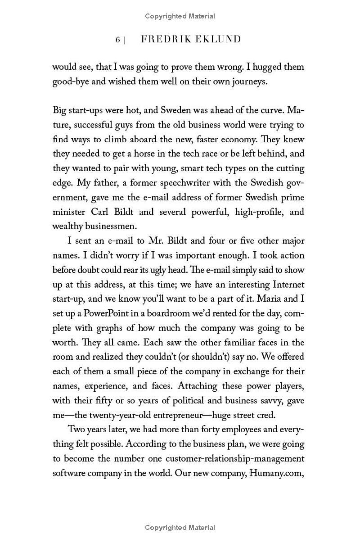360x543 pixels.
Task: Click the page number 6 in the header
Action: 118,40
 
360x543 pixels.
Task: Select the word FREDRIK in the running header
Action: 162,40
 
